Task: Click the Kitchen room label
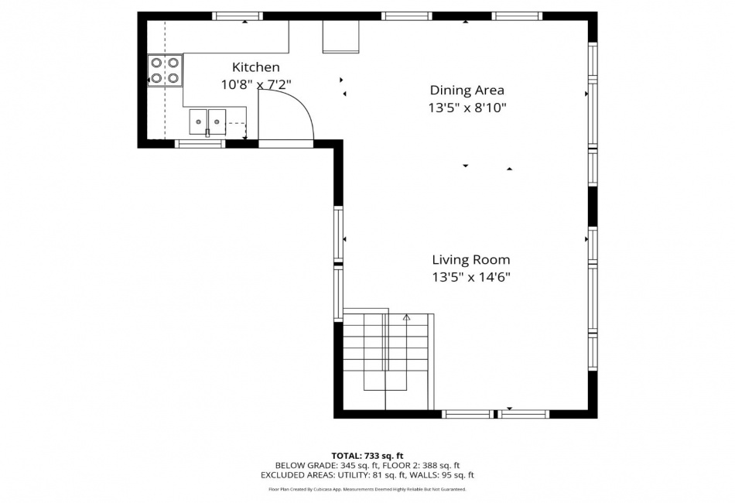pyautogui.click(x=256, y=67)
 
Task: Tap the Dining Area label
pyautogui.click(x=467, y=90)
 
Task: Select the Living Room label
pyautogui.click(x=471, y=260)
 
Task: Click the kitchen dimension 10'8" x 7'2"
pyautogui.click(x=256, y=85)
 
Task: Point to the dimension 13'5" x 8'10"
pyautogui.click(x=467, y=108)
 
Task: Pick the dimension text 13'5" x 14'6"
pyautogui.click(x=471, y=278)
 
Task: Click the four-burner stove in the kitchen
pyautogui.click(x=165, y=70)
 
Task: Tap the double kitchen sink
pyautogui.click(x=207, y=122)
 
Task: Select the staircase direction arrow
pyautogui.click(x=406, y=317)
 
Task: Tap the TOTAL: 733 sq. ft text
pyautogui.click(x=367, y=456)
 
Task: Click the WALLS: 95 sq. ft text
pyautogui.click(x=441, y=475)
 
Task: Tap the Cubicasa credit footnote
pyautogui.click(x=367, y=489)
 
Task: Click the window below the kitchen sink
pyautogui.click(x=200, y=144)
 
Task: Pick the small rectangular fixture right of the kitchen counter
pyautogui.click(x=340, y=36)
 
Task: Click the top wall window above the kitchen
pyautogui.click(x=238, y=16)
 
